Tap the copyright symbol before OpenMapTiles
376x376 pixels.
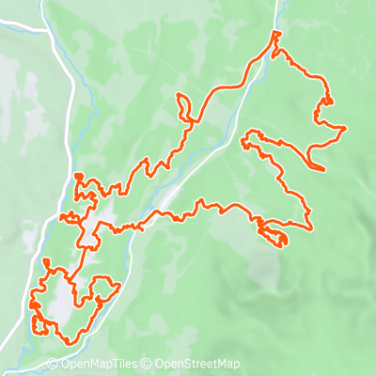point(53,365)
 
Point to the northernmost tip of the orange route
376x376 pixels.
point(274,32)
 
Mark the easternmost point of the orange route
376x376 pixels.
point(346,128)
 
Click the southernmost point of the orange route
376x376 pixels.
point(64,341)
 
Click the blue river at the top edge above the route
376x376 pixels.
point(279,9)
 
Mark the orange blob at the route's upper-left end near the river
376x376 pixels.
point(79,176)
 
